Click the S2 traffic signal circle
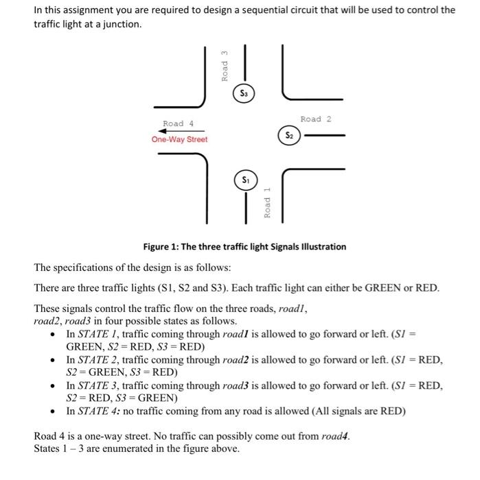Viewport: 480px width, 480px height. point(289,136)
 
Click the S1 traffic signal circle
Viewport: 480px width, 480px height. point(245,180)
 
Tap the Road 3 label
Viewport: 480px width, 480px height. point(225,67)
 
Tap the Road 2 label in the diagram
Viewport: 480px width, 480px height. point(316,119)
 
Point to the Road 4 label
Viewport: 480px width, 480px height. point(178,123)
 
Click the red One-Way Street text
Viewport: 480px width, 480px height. point(179,139)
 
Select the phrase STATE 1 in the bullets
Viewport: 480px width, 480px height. point(105,334)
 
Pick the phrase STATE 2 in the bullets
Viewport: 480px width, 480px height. point(105,359)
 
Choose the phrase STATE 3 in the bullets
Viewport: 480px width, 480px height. point(105,385)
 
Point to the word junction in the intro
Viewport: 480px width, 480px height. point(117,24)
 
